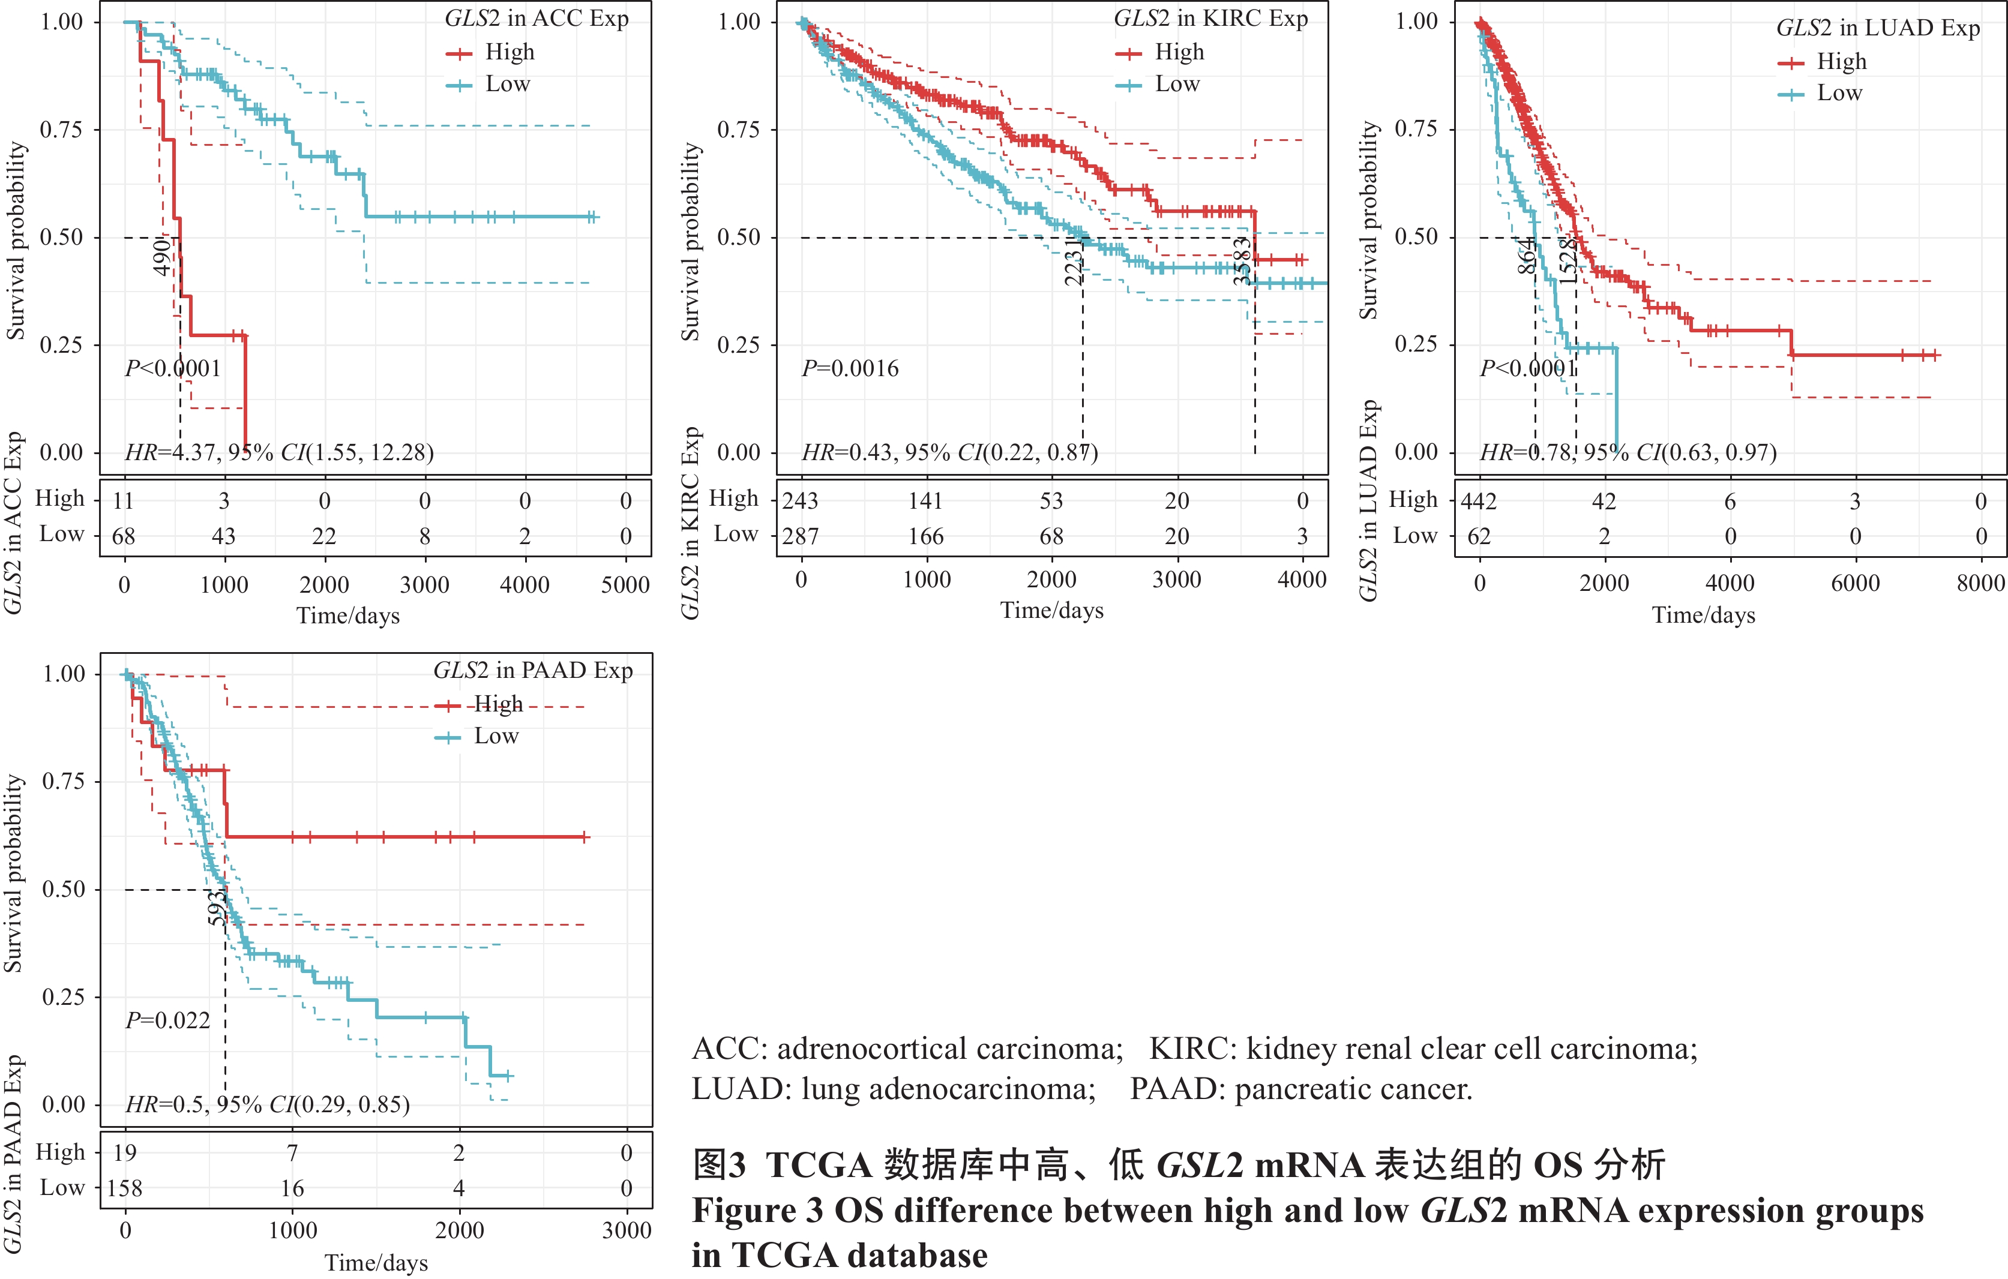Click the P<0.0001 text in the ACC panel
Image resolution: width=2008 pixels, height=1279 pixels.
(173, 368)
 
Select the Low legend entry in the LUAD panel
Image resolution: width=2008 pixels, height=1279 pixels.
(1839, 94)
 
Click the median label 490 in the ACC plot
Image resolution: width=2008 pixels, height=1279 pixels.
(163, 257)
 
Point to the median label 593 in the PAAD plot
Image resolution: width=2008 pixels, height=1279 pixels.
(217, 909)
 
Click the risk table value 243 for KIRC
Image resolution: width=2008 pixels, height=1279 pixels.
(801, 501)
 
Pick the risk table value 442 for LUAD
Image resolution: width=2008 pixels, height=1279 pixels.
(1479, 502)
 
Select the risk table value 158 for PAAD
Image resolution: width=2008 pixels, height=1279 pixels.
(125, 1188)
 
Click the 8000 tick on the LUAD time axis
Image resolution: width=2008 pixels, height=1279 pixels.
(1980, 583)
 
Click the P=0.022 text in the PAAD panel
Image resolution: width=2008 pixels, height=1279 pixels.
(167, 1020)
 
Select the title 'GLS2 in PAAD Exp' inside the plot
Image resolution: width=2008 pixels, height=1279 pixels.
(533, 670)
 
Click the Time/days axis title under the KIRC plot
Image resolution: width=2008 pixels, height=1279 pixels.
(1051, 610)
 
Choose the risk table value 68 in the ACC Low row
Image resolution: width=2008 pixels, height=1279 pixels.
(124, 536)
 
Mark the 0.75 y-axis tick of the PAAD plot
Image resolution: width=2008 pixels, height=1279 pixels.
(64, 781)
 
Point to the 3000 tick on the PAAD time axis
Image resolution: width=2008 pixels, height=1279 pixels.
(627, 1230)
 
